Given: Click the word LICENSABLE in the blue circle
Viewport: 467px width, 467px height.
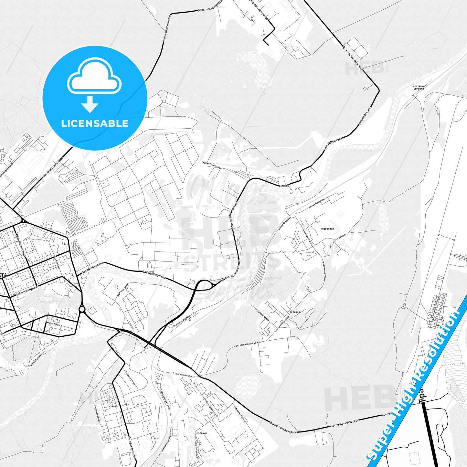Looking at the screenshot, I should click(95, 123).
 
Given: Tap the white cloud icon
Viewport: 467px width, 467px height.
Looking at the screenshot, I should click(94, 77).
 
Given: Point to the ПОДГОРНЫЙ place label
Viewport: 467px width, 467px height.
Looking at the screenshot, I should click(327, 229).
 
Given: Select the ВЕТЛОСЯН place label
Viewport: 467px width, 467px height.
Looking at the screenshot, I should click(295, 312).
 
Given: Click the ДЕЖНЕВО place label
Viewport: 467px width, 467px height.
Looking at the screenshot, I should click(283, 186).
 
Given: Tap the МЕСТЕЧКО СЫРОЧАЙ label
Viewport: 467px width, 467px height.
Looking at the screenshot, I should click(419, 88).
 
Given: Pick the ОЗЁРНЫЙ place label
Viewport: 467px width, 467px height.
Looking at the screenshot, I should click(201, 433).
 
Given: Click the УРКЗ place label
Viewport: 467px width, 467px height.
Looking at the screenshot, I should click(113, 406).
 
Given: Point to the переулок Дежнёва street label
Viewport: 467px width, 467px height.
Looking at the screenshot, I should click(212, 165).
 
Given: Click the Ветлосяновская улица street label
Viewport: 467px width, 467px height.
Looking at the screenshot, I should click(248, 344).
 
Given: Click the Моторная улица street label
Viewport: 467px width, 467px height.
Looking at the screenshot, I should click(241, 414).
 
